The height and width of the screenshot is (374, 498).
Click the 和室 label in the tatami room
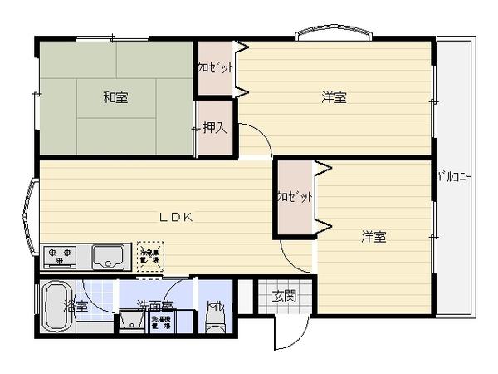(115, 98)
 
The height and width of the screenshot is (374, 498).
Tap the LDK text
(176, 217)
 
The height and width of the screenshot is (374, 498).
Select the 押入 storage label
(215, 128)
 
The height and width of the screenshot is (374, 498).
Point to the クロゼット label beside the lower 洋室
(295, 197)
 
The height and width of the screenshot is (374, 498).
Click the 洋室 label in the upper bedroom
(334, 98)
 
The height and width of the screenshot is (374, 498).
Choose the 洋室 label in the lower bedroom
(373, 237)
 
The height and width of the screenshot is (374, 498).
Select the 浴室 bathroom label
(76, 307)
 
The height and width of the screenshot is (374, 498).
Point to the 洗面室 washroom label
(155, 306)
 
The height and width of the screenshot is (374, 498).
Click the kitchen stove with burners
(59, 255)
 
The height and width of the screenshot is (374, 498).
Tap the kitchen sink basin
(108, 255)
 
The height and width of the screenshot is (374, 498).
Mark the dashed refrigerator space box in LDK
(150, 255)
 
